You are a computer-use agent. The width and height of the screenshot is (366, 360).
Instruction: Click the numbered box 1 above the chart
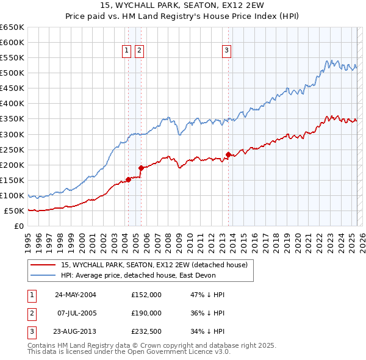point(127,51)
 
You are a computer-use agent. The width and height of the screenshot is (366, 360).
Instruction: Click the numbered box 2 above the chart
point(140,51)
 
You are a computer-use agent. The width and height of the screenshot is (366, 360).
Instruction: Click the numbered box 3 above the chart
point(226,51)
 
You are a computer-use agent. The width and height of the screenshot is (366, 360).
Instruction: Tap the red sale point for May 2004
point(129,179)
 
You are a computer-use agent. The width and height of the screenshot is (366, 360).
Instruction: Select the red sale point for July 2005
point(141,168)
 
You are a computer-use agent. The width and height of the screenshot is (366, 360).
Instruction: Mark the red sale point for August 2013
point(229,154)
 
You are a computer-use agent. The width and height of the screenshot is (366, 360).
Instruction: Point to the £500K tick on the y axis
point(12,73)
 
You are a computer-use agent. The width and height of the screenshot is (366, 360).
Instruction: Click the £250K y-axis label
point(12,149)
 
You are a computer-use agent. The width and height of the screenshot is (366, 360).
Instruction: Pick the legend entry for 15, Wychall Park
point(154,265)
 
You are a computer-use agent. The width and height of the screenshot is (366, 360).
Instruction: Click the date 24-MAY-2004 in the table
point(76,295)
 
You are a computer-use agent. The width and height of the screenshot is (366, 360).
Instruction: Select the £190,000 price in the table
point(146,313)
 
